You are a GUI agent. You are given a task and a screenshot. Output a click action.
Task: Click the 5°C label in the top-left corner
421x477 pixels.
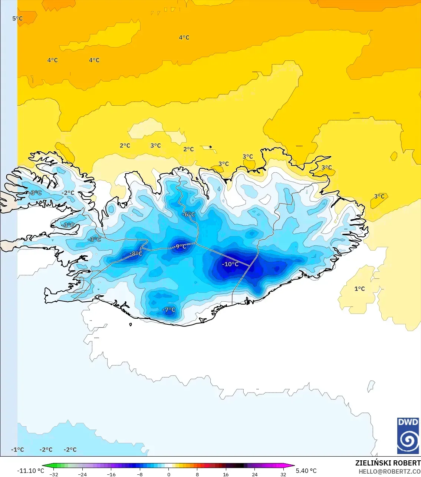click(17, 19)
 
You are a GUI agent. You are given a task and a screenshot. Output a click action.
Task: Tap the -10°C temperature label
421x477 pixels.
click(230, 264)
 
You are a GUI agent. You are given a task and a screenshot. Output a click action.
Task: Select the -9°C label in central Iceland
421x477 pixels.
click(181, 246)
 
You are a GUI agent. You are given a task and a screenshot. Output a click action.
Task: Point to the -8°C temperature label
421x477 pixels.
click(136, 254)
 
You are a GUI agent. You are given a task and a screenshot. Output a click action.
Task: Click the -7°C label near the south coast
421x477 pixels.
click(169, 310)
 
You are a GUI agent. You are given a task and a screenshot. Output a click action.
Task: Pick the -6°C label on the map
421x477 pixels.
click(189, 214)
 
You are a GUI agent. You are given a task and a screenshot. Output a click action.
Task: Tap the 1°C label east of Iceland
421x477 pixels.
click(359, 289)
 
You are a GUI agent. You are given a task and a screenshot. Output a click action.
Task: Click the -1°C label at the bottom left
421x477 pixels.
click(17, 450)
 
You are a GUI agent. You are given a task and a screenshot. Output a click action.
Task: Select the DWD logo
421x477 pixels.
click(408, 435)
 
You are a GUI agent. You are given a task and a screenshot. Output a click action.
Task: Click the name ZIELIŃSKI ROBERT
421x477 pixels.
click(388, 463)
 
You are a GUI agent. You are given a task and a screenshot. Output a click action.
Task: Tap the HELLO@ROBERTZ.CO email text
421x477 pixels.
click(389, 471)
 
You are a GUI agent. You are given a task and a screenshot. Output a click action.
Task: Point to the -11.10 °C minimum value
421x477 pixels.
click(30, 471)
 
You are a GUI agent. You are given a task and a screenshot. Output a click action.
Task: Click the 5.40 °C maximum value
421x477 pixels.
click(306, 471)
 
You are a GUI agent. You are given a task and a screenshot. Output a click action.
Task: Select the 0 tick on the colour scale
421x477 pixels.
click(169, 474)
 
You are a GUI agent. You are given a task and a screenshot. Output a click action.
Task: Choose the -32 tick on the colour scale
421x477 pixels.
click(54, 474)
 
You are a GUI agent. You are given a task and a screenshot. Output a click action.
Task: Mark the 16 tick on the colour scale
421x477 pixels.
click(226, 474)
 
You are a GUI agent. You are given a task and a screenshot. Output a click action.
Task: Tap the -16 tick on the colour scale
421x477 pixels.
click(111, 474)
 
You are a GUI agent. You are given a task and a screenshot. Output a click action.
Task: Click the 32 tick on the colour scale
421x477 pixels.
click(283, 474)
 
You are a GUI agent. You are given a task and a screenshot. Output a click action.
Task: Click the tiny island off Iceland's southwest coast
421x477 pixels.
click(131, 325)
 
